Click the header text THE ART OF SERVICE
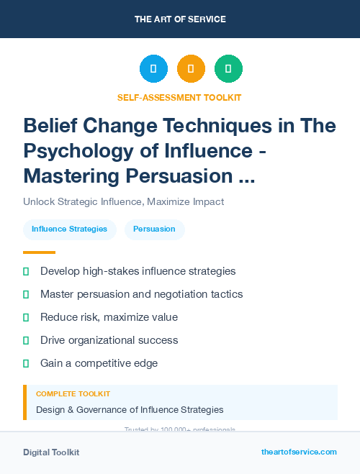coord(180,19)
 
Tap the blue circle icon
coord(153,69)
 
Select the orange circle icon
coord(191,69)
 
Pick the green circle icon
coord(228,69)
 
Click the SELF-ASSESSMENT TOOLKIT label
coord(180,97)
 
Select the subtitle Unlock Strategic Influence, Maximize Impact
coord(123,201)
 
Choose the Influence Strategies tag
coord(70,229)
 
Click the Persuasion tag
coord(154,229)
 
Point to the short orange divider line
coord(39,252)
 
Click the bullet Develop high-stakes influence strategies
coord(138,271)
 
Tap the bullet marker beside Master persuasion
coord(26,294)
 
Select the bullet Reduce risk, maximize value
coord(109,317)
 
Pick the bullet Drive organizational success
coord(109,340)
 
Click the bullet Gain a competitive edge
coord(99,363)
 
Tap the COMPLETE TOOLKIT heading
coord(73,394)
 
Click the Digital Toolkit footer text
coord(51,452)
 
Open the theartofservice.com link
coord(299,452)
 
